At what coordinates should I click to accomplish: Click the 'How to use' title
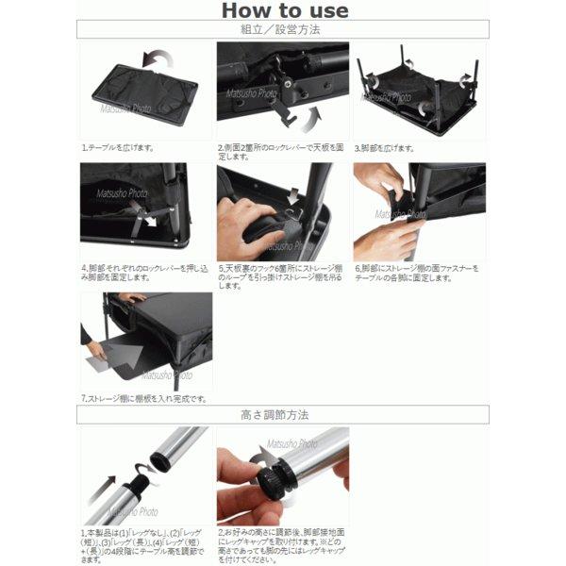(x=284, y=11)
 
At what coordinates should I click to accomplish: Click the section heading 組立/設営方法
(x=282, y=30)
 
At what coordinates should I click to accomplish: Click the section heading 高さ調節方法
(x=282, y=414)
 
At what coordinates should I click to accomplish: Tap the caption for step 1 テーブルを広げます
(x=119, y=148)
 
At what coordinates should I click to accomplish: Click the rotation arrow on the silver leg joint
(x=142, y=468)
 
